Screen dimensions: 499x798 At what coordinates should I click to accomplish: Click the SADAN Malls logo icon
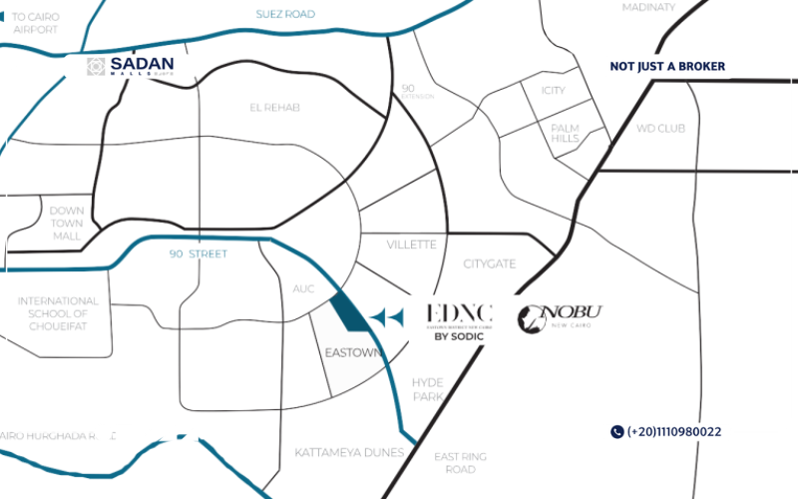(x=96, y=67)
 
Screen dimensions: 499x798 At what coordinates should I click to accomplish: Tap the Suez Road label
(x=284, y=14)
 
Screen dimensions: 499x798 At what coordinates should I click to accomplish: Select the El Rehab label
(x=275, y=107)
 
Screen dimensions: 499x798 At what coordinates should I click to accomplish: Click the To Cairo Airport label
(x=36, y=23)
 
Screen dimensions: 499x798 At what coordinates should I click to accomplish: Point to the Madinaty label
(x=648, y=8)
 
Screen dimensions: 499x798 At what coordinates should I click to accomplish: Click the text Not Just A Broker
(x=667, y=67)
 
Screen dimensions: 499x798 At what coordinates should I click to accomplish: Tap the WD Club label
(x=660, y=129)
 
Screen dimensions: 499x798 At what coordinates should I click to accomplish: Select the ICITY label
(x=553, y=91)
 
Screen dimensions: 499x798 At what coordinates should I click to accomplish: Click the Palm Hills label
(x=565, y=133)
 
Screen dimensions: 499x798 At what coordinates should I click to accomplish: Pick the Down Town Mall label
(x=67, y=223)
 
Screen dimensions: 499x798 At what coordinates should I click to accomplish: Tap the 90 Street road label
(x=198, y=254)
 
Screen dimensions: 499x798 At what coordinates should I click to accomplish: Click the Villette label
(x=412, y=245)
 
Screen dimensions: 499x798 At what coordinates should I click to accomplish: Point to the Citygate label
(x=489, y=263)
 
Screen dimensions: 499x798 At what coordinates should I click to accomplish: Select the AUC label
(x=303, y=288)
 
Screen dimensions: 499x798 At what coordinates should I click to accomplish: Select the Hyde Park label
(x=427, y=389)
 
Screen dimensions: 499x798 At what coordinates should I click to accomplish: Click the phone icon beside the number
(x=616, y=432)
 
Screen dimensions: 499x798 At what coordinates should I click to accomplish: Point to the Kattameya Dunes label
(x=349, y=453)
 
